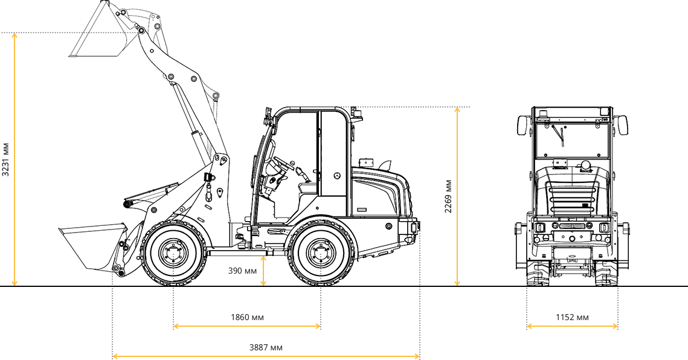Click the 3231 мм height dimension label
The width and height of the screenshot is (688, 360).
[5, 159]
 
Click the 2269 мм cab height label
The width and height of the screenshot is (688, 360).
[448, 196]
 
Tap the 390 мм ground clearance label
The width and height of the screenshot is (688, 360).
[242, 271]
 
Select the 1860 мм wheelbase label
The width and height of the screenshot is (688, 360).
[248, 317]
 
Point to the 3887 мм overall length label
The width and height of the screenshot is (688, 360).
[266, 348]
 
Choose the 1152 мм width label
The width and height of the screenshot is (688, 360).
[572, 317]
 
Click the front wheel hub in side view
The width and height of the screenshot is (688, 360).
[174, 253]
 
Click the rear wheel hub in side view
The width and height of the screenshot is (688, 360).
[321, 253]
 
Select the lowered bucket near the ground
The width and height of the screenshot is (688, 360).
[93, 246]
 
